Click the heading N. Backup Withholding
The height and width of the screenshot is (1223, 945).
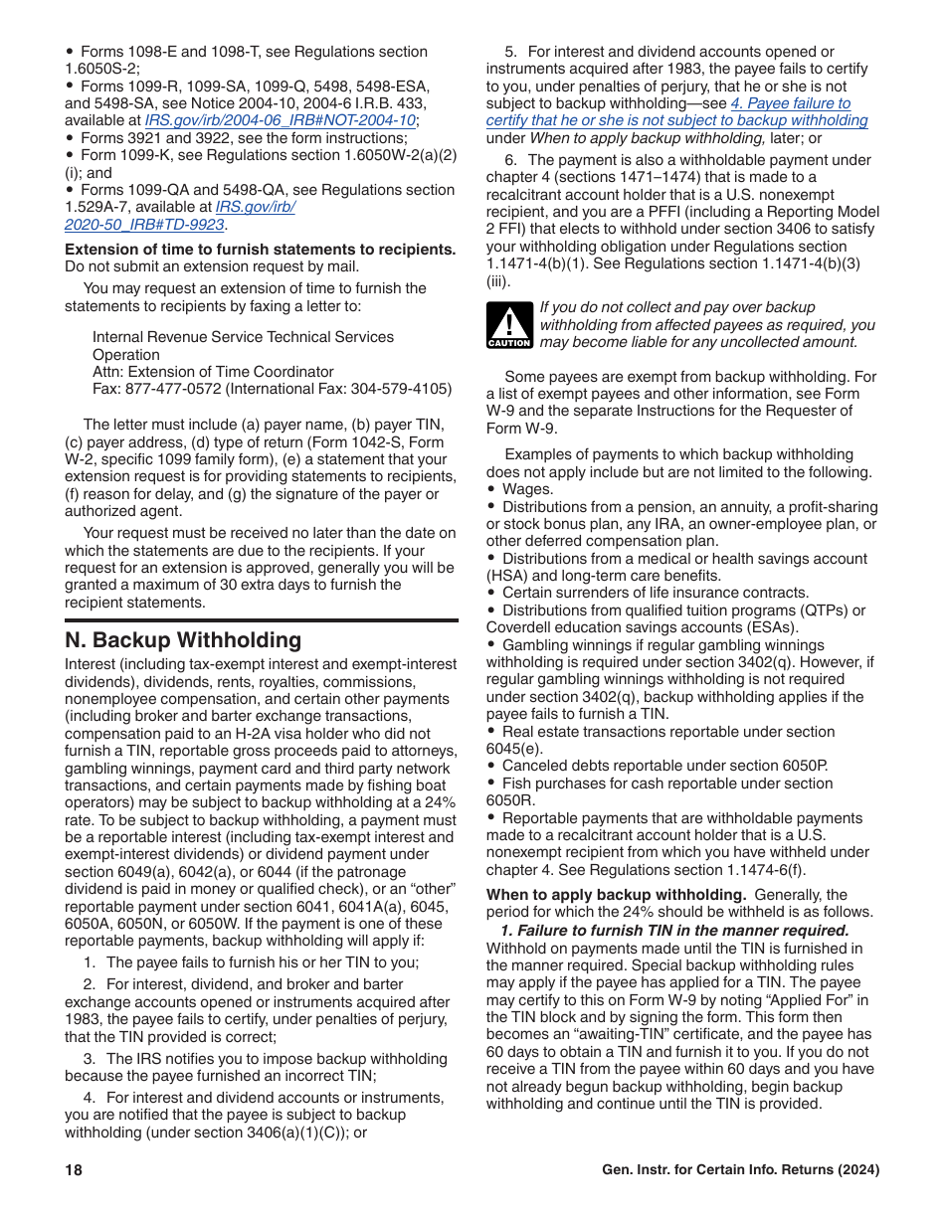point(182,640)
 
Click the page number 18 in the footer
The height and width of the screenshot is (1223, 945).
point(74,1170)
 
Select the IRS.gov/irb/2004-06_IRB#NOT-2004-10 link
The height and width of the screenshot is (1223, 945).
point(281,120)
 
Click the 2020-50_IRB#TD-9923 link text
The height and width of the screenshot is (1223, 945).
point(143,225)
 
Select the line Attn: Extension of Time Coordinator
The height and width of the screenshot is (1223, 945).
point(213,372)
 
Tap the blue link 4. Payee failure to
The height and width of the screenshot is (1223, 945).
point(790,103)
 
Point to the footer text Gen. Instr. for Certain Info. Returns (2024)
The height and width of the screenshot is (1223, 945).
point(740,1170)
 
